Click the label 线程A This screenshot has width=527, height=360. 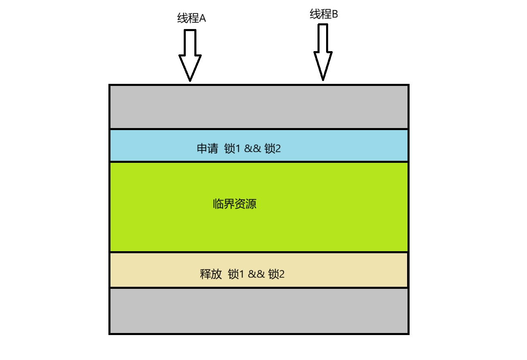[191, 18]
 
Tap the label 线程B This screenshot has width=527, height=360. [324, 15]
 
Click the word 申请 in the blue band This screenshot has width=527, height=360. [207, 148]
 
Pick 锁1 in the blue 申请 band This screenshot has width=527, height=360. [232, 148]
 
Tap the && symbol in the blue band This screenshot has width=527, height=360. [252, 148]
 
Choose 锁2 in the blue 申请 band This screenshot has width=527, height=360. [273, 148]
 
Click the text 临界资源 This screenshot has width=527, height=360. [234, 204]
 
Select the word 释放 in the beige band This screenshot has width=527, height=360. [211, 274]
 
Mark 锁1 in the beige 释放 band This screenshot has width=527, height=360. [236, 274]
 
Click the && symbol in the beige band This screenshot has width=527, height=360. [256, 274]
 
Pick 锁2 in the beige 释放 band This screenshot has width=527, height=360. [276, 274]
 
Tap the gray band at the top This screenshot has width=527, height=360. [259, 107]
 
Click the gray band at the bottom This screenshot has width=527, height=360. [259, 311]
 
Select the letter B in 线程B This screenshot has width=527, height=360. [335, 15]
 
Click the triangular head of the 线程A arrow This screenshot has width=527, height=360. [190, 67]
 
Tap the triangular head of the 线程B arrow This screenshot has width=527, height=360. [323, 65]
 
